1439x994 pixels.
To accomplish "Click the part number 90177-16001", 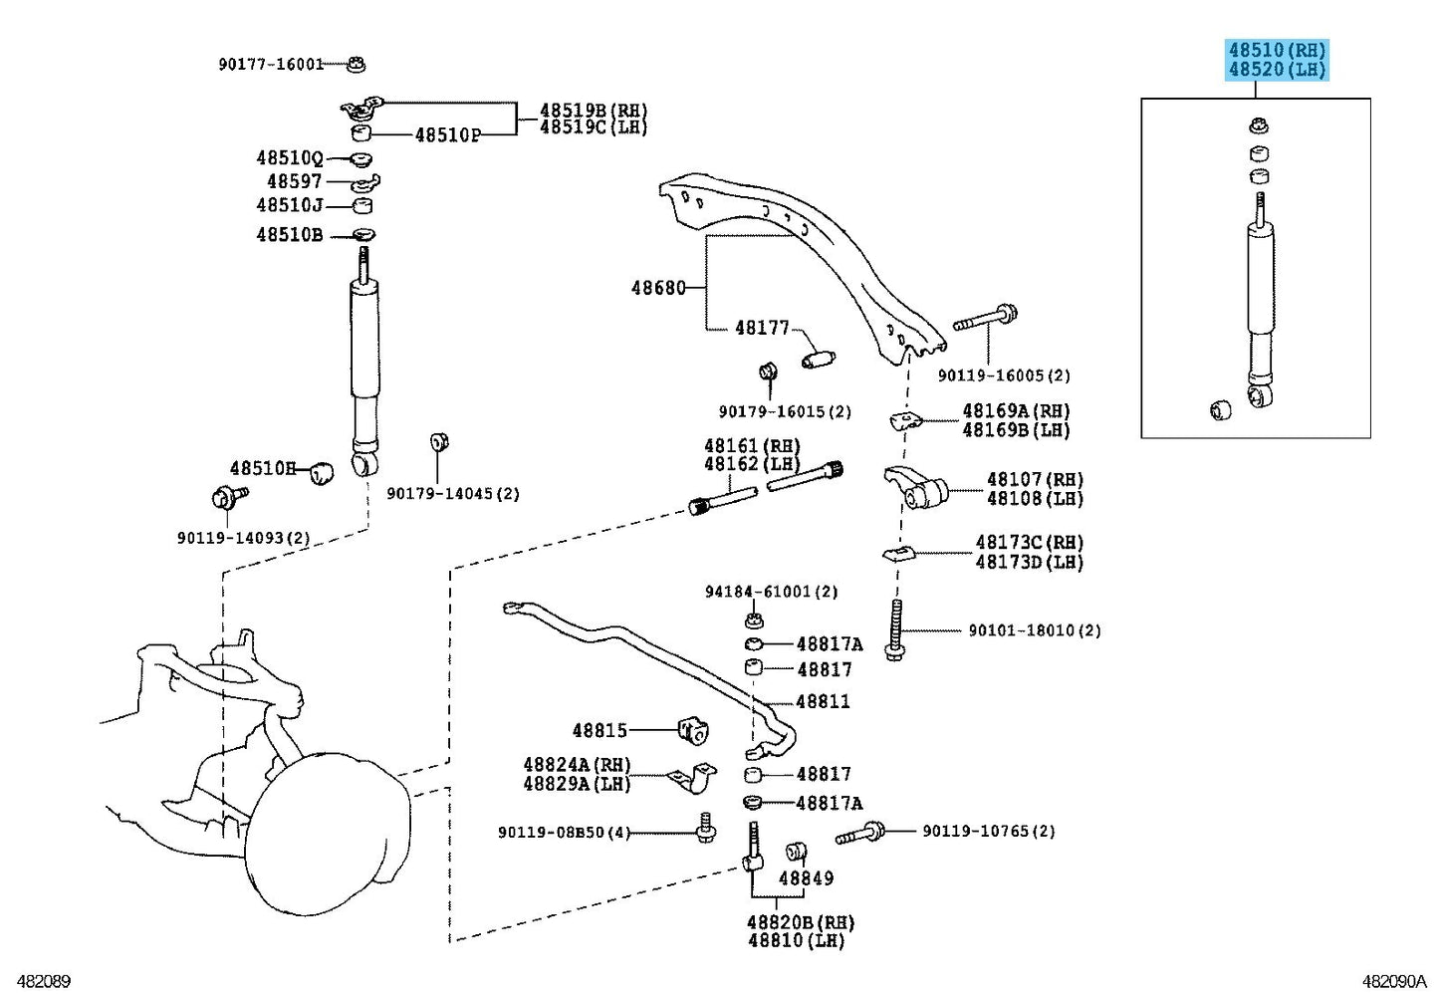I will tap(271, 65).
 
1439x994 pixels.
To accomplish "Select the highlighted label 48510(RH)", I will tap(1277, 50).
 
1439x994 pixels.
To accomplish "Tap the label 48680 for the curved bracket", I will tap(658, 288).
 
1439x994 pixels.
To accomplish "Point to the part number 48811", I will tap(823, 701).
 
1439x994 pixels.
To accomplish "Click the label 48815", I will tap(600, 731).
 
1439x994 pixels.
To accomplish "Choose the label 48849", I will tap(806, 878).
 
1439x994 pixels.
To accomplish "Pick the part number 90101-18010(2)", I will tap(1034, 630).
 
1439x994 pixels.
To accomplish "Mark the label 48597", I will tap(294, 182).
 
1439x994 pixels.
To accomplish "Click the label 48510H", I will tap(263, 468).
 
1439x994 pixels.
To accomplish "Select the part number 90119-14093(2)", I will tap(244, 538).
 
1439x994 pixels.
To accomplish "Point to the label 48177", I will tap(762, 328).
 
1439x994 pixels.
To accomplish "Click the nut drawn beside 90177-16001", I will tap(357, 65).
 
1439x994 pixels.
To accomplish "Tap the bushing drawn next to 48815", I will tap(693, 730).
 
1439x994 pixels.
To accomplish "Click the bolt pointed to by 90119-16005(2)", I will tap(985, 320).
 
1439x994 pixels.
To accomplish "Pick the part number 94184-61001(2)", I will tap(771, 592).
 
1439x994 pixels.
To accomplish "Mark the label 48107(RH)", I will tap(1035, 479).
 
